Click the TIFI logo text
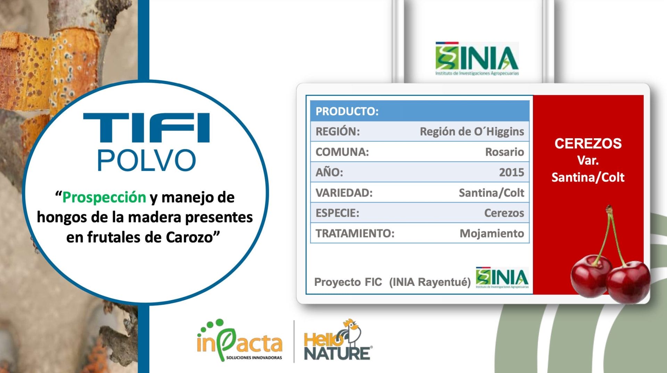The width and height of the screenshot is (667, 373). (x=146, y=127)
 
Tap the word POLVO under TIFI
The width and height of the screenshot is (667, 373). (x=147, y=160)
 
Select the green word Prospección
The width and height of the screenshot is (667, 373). (x=104, y=198)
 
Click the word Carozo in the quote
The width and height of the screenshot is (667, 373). (x=189, y=237)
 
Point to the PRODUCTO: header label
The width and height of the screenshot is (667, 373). (x=347, y=111)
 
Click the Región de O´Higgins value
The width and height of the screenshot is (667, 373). (x=472, y=131)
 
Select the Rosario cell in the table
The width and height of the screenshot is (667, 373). (x=504, y=152)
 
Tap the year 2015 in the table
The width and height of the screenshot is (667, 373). (x=511, y=172)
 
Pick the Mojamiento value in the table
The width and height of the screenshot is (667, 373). (x=492, y=233)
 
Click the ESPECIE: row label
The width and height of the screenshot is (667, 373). (x=337, y=213)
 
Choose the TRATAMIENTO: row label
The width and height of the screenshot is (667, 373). (x=355, y=233)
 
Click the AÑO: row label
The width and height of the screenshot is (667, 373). (x=329, y=172)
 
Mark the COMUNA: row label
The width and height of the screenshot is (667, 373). (x=342, y=152)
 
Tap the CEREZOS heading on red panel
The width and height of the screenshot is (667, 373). (x=588, y=143)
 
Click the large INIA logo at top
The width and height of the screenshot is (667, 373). (x=477, y=59)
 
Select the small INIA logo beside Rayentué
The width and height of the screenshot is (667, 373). (x=502, y=277)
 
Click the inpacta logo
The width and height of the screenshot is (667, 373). (x=240, y=341)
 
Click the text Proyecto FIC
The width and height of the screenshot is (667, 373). (x=348, y=282)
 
